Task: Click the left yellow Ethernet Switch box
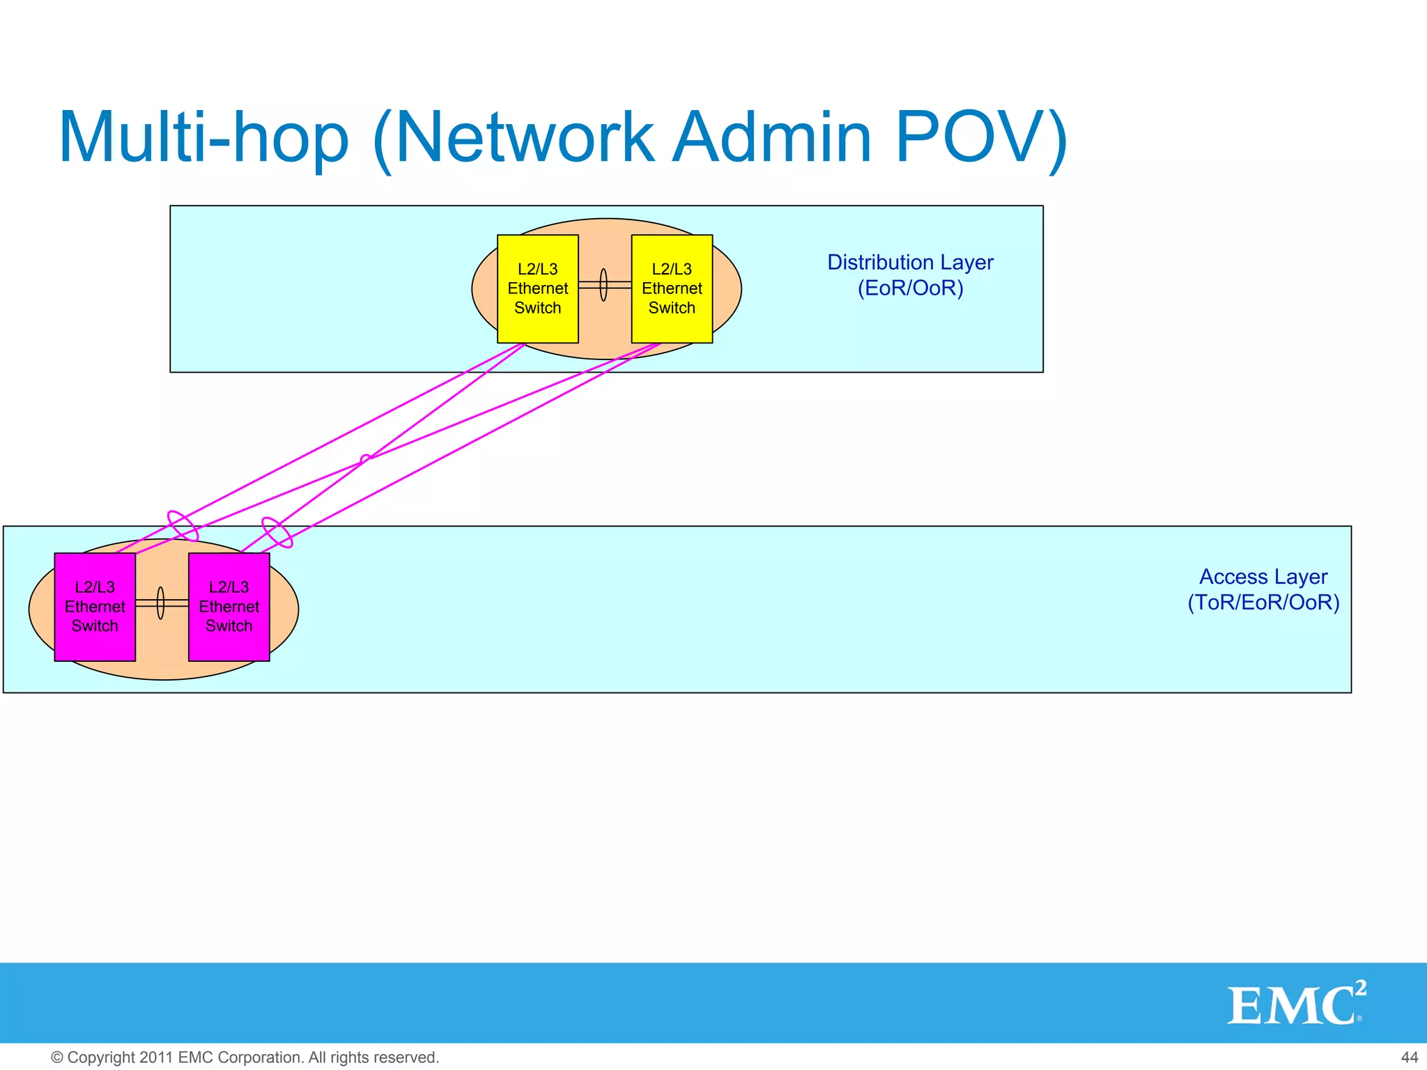click(537, 288)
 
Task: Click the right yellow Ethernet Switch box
click(672, 288)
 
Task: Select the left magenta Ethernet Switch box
click(95, 607)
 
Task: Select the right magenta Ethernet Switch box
click(229, 607)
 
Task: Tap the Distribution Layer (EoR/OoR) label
click(910, 275)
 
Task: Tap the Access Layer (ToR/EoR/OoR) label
click(1263, 589)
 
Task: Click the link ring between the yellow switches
click(603, 285)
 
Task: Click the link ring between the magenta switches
click(160, 603)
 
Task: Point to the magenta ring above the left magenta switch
click(183, 526)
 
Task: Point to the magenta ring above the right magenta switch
click(277, 533)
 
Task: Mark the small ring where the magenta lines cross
click(365, 459)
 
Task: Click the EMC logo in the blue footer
click(1293, 1005)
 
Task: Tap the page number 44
click(1409, 1057)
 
